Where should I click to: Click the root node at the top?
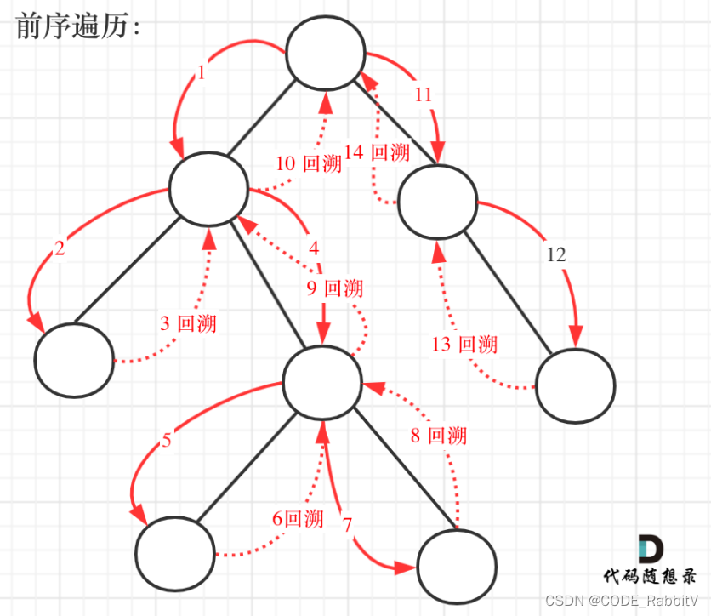326,53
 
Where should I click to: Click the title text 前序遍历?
77,26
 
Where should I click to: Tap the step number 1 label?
201,73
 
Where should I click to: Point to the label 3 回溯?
188,323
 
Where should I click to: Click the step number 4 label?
314,248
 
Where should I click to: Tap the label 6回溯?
298,518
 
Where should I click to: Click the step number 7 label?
347,525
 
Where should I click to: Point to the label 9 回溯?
334,288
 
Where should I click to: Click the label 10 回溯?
309,163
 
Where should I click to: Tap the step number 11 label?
424,94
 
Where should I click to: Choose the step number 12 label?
555,254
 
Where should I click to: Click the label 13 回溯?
464,345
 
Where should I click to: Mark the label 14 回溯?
377,152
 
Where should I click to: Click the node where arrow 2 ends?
75,357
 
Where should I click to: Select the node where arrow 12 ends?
575,385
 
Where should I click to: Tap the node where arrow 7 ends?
457,566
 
